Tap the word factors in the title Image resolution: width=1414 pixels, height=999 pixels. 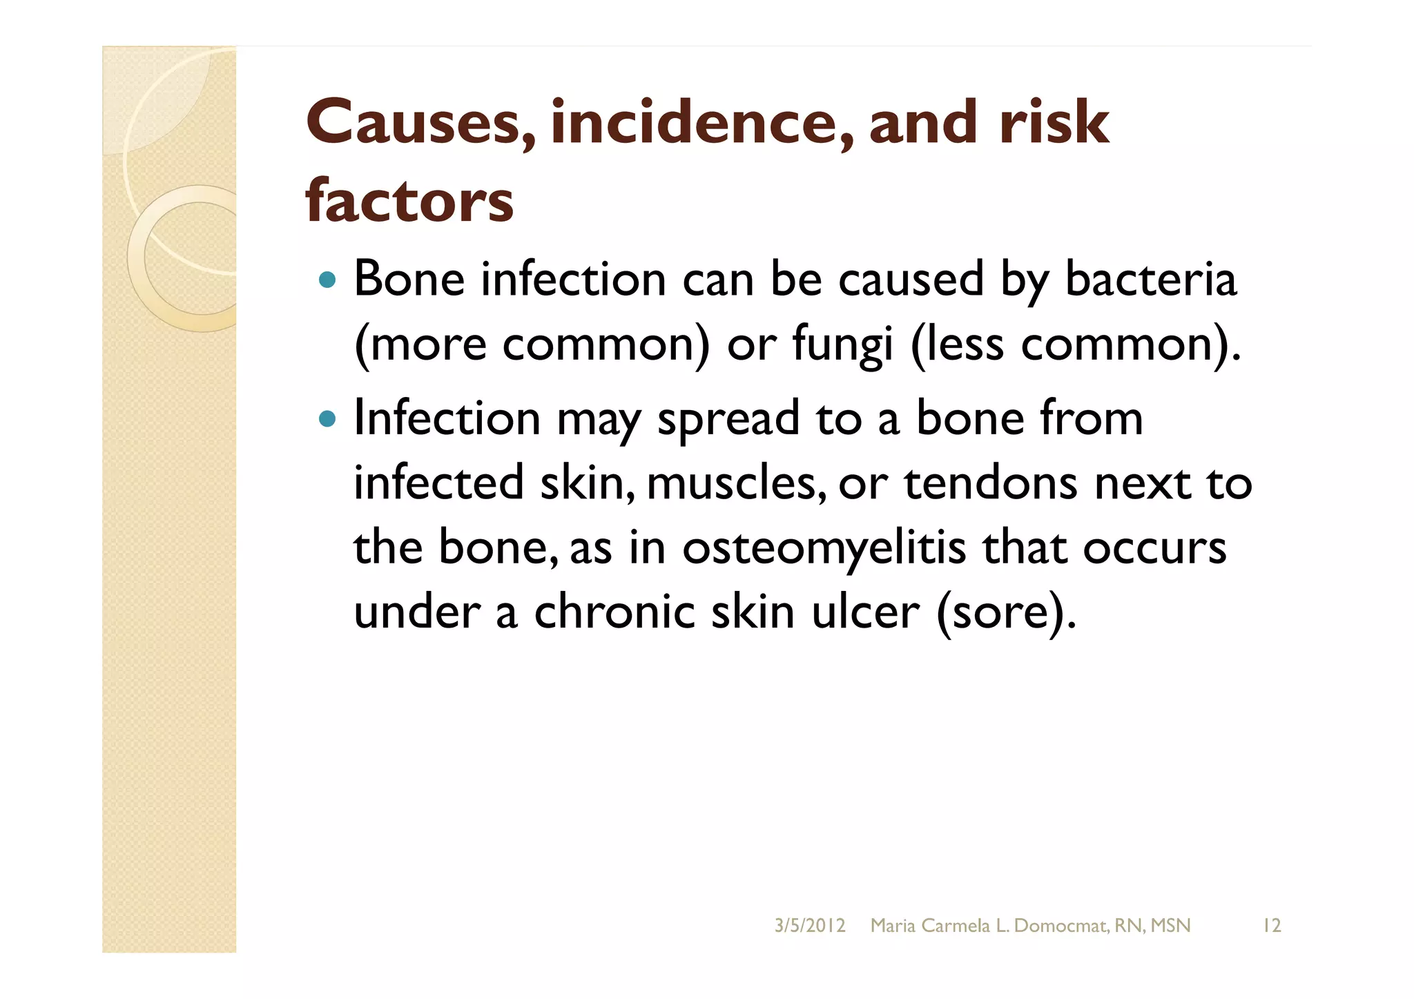[x=409, y=202]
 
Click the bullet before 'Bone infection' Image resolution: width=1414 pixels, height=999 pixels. [x=328, y=280]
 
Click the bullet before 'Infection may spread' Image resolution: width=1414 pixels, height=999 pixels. [x=328, y=418]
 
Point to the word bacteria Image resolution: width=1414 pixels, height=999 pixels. [x=1150, y=280]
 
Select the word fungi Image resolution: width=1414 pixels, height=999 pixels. [x=842, y=344]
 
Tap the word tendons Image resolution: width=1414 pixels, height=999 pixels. [x=991, y=483]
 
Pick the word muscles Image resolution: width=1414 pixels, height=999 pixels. [x=736, y=483]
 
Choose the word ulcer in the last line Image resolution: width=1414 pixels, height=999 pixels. [x=865, y=612]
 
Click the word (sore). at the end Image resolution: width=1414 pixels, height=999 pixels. [x=1006, y=612]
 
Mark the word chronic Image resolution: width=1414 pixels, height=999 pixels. [x=614, y=612]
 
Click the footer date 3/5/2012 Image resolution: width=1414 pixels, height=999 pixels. [x=809, y=926]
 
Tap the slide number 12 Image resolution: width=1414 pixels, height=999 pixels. [x=1271, y=926]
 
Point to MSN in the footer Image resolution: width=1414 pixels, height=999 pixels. [x=1170, y=926]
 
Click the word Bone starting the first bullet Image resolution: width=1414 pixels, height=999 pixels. [x=409, y=280]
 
